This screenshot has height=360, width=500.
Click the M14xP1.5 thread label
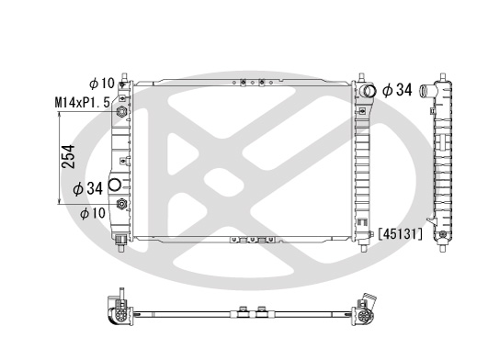pyautogui.click(x=83, y=103)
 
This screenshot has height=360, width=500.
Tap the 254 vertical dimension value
pyautogui.click(x=69, y=156)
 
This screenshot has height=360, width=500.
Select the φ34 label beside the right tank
pyautogui.click(x=397, y=90)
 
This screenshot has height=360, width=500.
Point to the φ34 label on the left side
pyautogui.click(x=87, y=188)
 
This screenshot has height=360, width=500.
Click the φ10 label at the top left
pyautogui.click(x=102, y=84)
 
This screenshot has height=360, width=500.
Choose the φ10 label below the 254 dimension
pyautogui.click(x=93, y=213)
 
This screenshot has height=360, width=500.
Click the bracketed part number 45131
pyautogui.click(x=400, y=234)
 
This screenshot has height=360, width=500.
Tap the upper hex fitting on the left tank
pyautogui.click(x=121, y=111)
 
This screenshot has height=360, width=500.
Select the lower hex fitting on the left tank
pyautogui.click(x=121, y=204)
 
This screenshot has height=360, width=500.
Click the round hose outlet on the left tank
pyautogui.click(x=115, y=185)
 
